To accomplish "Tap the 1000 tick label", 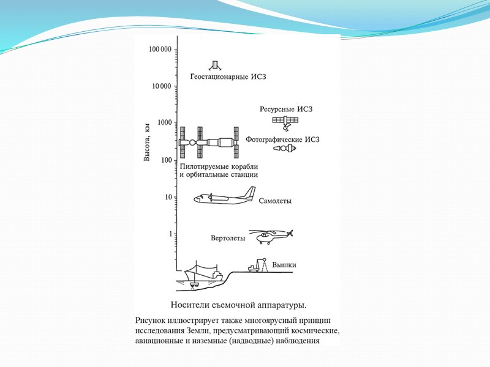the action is pos(163,123).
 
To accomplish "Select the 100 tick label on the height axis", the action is pos(165,160).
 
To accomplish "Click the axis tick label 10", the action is pos(167,198).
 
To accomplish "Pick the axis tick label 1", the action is pos(170,234).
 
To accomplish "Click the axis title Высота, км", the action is pos(147,143).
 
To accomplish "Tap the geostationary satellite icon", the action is pos(215,65).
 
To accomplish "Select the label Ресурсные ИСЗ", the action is pos(287,109).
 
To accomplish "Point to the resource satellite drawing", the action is pos(285,122).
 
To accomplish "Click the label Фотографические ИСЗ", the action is pos(283,139).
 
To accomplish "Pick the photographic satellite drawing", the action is pos(284,149).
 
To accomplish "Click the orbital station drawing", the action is pos(208,143).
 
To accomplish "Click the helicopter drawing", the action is pos(273,236).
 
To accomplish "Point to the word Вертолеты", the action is pos(228,238).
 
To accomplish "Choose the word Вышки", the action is pos(284,265).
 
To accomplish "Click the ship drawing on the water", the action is pos(202,274).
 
